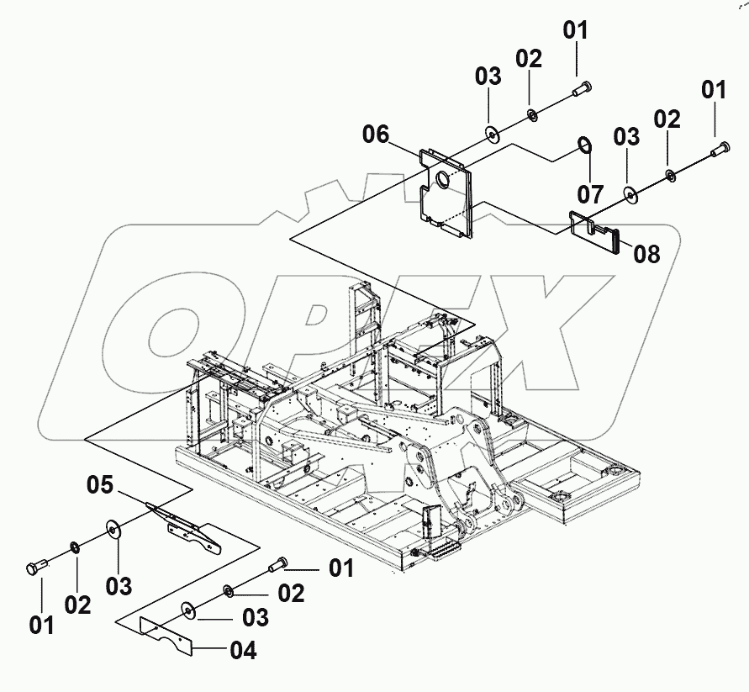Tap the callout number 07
point(590,194)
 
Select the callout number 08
point(646,253)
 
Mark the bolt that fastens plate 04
point(277,568)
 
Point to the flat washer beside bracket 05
point(113,530)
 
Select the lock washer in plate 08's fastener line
point(671,174)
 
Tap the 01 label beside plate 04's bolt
point(340,569)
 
